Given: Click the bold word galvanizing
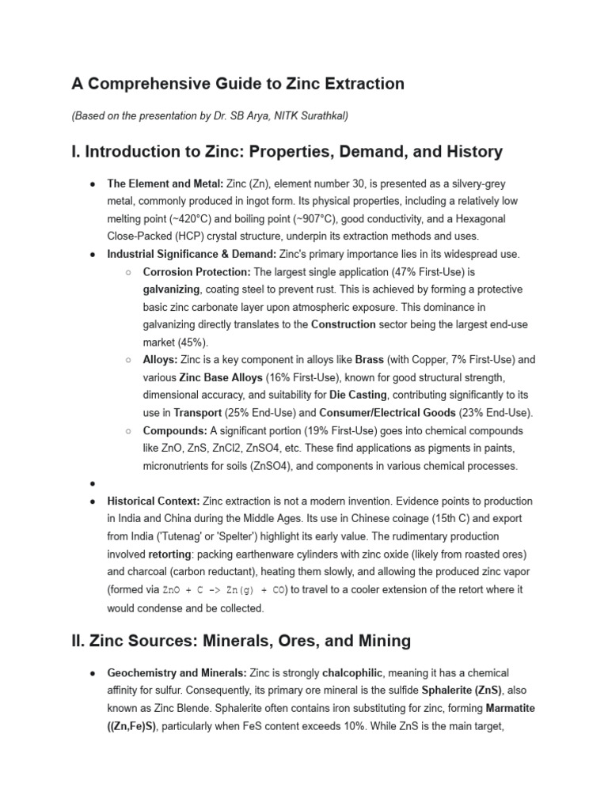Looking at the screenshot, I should coord(171,289).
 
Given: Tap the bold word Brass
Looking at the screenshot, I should coord(370,359).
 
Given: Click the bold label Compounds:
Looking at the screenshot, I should coord(174,430).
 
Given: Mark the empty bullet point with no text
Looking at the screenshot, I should coord(93,483).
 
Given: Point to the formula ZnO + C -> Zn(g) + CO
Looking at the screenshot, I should coord(225,590).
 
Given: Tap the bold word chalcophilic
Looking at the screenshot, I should coord(353,672).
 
